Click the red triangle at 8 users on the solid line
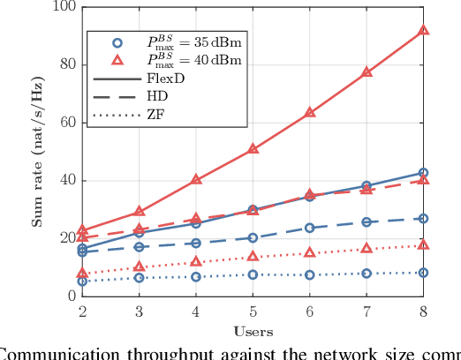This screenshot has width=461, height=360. click(x=423, y=30)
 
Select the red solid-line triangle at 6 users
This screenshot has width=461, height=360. click(x=310, y=112)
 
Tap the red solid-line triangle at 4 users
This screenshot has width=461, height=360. click(x=196, y=179)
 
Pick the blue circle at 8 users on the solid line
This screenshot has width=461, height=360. click(x=423, y=173)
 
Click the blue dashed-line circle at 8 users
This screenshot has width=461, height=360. click(x=423, y=218)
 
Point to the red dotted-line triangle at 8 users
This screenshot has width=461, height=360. click(x=423, y=245)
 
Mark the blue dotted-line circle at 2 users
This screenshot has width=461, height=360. click(x=82, y=281)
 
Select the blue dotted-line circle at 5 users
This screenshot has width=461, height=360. click(x=253, y=274)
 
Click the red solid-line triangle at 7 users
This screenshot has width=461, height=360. click(x=367, y=72)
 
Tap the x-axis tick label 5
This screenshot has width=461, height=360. click(x=253, y=311)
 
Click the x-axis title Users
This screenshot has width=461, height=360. click(x=253, y=331)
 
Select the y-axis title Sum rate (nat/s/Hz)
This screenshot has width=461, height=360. click(x=39, y=152)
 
